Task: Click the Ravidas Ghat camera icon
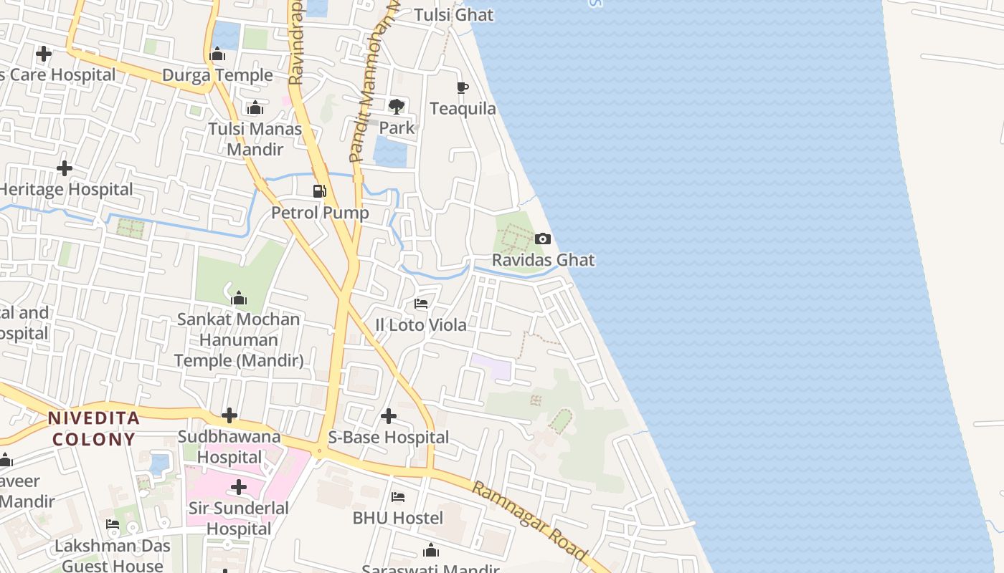[543, 239]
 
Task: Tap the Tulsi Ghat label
[454, 14]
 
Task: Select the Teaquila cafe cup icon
[463, 87]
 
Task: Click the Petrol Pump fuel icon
[319, 191]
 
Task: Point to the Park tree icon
[396, 107]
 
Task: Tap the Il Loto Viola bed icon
[421, 304]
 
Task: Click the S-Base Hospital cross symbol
[389, 415]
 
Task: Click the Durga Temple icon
[217, 54]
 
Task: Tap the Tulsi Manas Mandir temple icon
[255, 108]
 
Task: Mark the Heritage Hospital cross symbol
[65, 168]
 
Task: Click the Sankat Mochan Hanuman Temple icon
[239, 298]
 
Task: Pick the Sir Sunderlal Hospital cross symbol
[239, 488]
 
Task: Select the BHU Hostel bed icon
[398, 496]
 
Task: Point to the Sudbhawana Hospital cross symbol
[229, 415]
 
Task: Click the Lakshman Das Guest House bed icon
[113, 524]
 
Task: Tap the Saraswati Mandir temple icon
[431, 550]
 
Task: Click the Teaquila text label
[463, 109]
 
